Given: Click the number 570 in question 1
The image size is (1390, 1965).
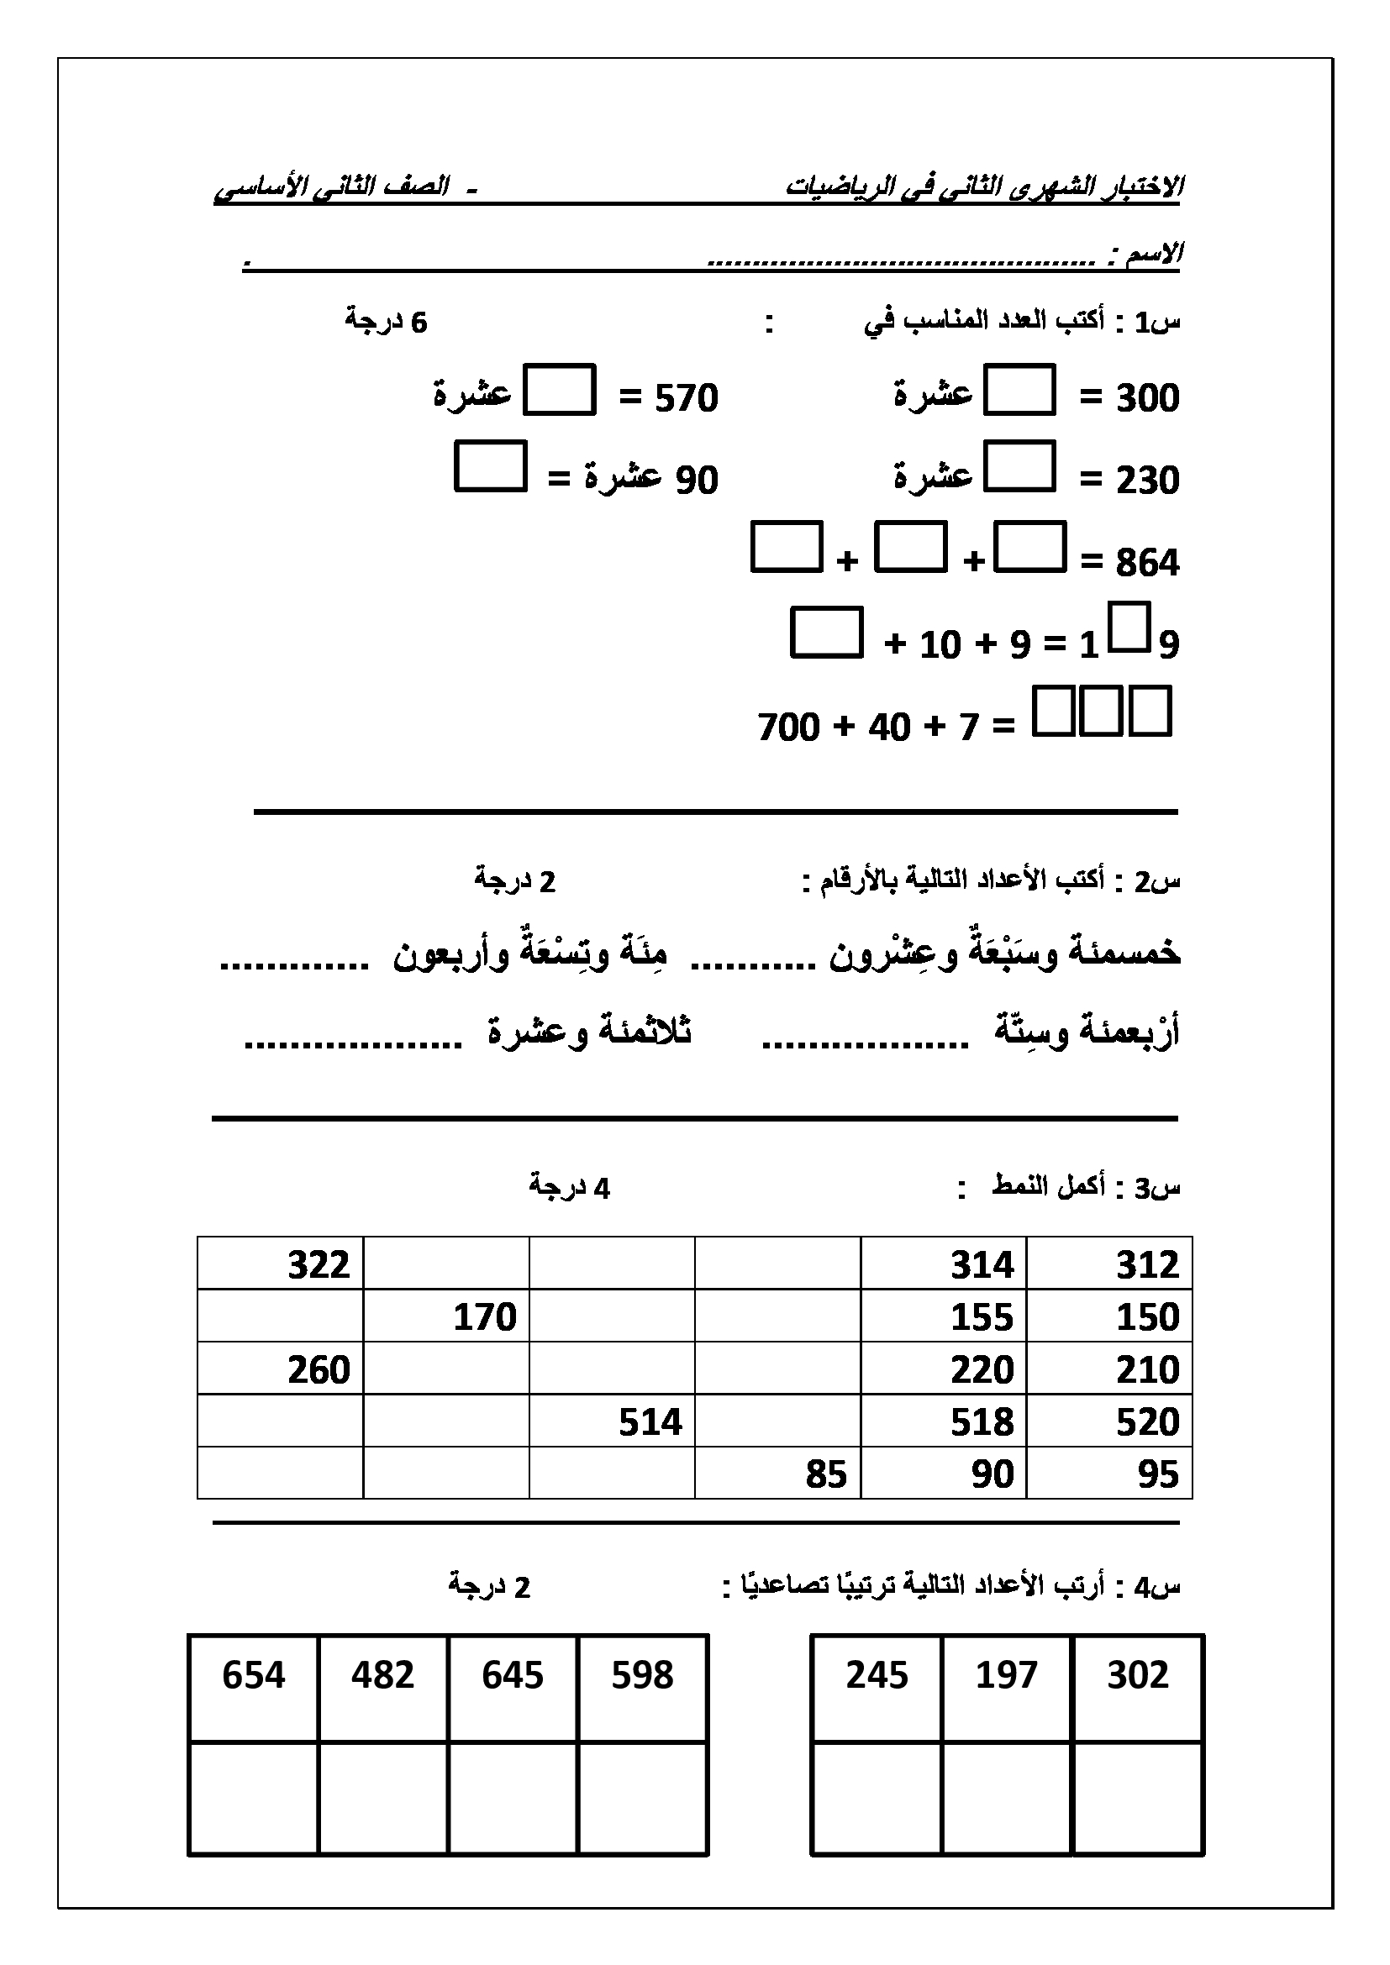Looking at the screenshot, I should tap(686, 398).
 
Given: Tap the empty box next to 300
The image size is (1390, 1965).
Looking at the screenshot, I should tap(1019, 391).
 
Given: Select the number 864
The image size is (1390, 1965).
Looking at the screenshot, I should tap(1147, 562).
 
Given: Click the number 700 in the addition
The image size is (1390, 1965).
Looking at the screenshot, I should tap(788, 728).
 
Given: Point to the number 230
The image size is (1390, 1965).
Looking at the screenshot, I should tap(1147, 481).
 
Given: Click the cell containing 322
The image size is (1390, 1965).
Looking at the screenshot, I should tap(281, 1264).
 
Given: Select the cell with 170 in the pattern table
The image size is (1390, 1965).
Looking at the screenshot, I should tap(446, 1316).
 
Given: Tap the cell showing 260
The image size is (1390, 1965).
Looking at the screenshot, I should tap(281, 1369).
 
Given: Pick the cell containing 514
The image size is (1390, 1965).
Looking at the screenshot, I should tap(612, 1421).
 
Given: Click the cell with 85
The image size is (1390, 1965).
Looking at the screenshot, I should tap(777, 1474).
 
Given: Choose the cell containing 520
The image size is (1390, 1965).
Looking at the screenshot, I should tap(1109, 1421).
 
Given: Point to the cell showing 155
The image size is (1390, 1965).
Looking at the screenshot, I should tap(943, 1316).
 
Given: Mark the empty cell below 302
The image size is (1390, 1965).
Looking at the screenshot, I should tap(1139, 1797).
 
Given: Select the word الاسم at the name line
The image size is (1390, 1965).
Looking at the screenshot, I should tap(1155, 254).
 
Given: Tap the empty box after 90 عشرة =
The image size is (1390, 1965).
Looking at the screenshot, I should tap(490, 466).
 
